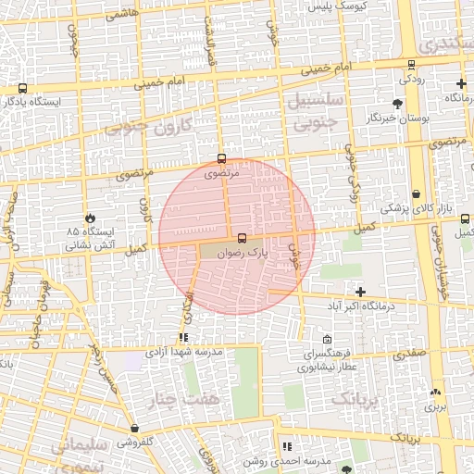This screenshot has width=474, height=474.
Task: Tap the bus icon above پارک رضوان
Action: (x=243, y=238)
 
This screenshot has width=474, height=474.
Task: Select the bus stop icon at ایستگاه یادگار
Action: (x=21, y=89)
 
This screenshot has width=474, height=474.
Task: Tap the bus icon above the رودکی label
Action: (x=411, y=65)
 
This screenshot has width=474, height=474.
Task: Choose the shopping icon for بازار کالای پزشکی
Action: (x=416, y=194)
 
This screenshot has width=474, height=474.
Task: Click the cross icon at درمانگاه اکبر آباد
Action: (x=360, y=293)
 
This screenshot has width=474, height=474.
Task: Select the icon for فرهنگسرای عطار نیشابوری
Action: (x=327, y=340)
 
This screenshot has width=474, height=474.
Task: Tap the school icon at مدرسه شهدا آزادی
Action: (x=183, y=337)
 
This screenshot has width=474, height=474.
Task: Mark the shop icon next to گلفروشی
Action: (x=135, y=429)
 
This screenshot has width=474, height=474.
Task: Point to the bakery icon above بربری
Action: (x=435, y=393)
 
